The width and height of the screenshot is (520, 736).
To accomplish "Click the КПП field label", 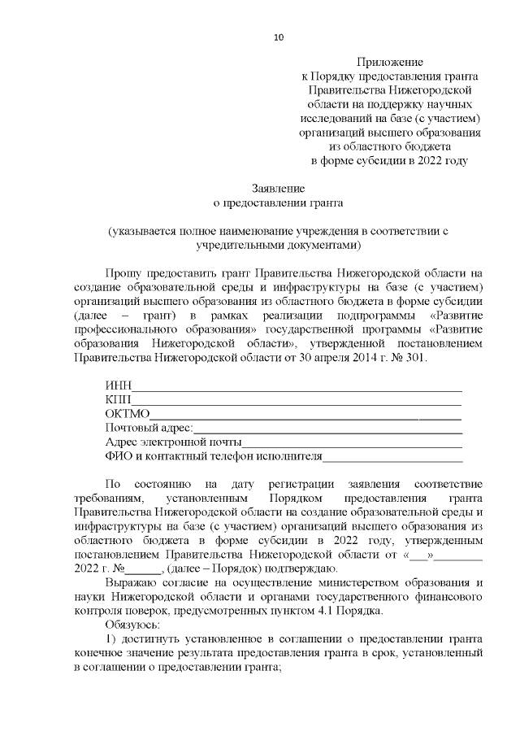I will pos(118,399).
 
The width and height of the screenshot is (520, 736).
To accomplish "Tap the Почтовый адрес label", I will pos(149,428).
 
